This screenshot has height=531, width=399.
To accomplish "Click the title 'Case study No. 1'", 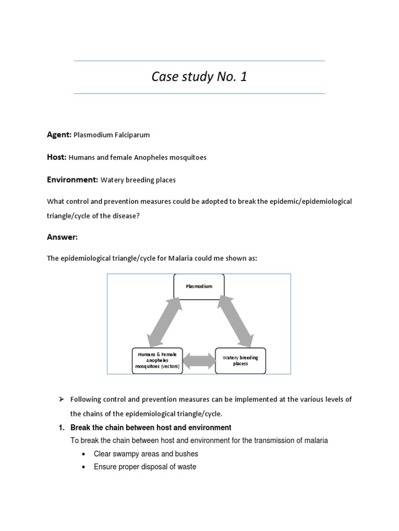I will [199, 77].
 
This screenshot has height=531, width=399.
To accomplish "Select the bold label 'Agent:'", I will [59, 134].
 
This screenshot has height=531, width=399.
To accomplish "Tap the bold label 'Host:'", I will [57, 157].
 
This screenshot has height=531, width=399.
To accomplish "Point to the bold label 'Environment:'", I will [72, 179].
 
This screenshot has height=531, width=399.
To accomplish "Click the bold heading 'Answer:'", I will [62, 237].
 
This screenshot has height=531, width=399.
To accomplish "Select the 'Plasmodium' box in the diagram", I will [199, 286].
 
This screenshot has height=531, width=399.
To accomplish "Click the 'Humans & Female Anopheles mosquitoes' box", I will [157, 360].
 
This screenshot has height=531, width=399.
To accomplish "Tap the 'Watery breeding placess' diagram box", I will [240, 360].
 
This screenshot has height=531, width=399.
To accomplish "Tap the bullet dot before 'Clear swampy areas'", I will [84, 454].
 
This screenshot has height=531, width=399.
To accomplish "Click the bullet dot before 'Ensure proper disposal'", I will [84, 467].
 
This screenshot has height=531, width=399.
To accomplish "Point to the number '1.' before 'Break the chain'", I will [61, 428].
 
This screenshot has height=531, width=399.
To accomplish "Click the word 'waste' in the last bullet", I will [187, 467].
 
